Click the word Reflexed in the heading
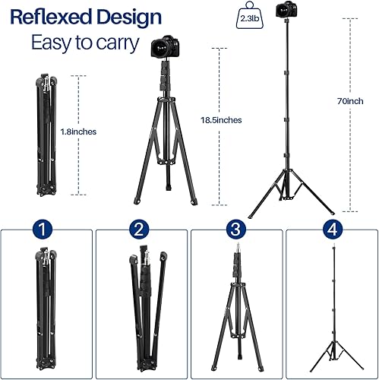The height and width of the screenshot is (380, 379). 53,17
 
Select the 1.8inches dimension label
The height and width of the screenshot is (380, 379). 79,131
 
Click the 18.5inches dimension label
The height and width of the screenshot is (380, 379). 222,120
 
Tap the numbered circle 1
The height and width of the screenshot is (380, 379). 46,229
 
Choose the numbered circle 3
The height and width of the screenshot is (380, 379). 236,229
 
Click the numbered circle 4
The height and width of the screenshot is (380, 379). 332,229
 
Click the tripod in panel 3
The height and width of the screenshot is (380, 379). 236,312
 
